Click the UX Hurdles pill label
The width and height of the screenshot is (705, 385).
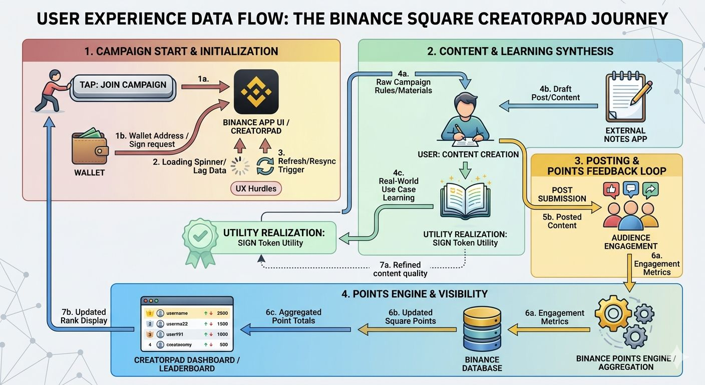[256, 188]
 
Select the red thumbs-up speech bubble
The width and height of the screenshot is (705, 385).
[612, 189]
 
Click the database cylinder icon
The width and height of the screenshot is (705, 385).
[482, 329]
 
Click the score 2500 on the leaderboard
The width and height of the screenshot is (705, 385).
[222, 313]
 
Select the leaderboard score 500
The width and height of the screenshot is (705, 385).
[223, 344]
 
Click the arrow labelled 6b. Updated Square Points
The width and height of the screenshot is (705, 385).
[407, 329]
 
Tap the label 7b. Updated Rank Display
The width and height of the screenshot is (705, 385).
[84, 316]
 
